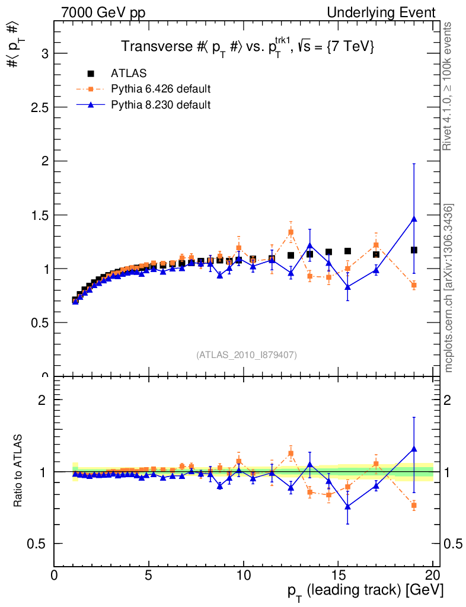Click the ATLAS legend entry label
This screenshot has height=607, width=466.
tap(129, 74)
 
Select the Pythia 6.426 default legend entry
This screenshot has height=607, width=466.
tap(161, 90)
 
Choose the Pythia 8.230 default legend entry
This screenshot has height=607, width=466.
tap(161, 105)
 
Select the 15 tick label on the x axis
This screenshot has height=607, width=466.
tap(338, 577)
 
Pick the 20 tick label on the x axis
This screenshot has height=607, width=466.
tap(433, 577)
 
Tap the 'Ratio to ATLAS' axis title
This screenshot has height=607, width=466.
tap(18, 471)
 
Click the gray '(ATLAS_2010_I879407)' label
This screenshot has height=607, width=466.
tap(247, 354)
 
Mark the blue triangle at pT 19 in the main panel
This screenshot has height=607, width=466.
tap(414, 219)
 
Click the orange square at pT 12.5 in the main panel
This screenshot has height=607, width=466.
tap(291, 232)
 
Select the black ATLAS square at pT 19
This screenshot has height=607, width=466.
tap(414, 250)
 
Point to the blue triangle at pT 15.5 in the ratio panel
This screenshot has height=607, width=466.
tap(347, 506)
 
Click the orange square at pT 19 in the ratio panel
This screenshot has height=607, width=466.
tap(414, 505)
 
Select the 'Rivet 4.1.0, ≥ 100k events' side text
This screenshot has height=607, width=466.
tap(448, 87)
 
